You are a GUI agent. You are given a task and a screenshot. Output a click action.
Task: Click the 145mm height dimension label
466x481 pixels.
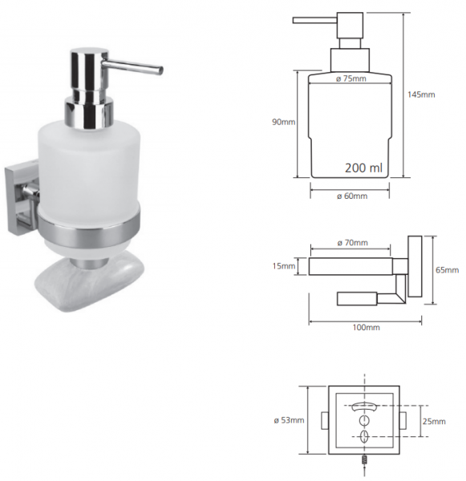[421, 95]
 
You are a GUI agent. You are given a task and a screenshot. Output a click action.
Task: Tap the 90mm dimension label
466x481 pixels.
[283, 122]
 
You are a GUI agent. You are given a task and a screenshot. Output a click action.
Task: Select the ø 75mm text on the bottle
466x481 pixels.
[351, 79]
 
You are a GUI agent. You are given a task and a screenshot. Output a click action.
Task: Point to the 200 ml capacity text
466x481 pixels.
[363, 168]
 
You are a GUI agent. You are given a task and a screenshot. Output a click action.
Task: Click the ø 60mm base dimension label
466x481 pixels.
[352, 196]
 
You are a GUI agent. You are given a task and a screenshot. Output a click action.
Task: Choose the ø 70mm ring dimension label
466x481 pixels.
[352, 243]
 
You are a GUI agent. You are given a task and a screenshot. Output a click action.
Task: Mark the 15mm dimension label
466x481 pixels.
[284, 265]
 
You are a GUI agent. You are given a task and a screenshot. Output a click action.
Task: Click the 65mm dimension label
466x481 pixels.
[447, 270]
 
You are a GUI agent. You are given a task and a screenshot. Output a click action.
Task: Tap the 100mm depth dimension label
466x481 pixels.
[366, 327]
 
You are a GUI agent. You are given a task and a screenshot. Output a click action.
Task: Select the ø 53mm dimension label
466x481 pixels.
[289, 420]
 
